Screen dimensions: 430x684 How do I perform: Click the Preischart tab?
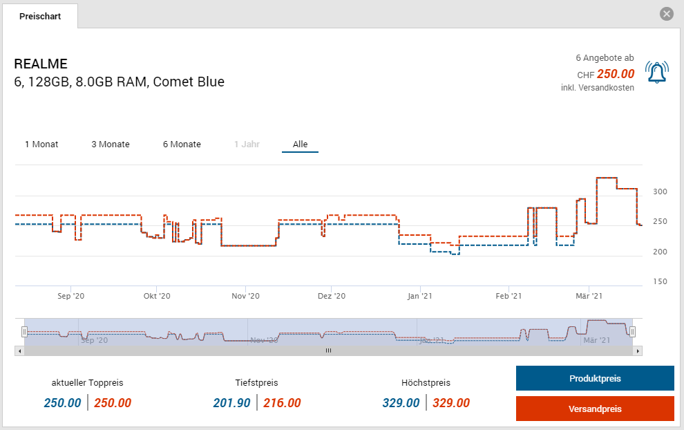click(x=40, y=16)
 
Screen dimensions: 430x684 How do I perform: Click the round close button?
click(x=666, y=14)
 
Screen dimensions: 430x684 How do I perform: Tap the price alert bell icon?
click(x=656, y=73)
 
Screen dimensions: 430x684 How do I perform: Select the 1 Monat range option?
click(x=41, y=144)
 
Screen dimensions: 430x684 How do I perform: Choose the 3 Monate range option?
click(x=111, y=144)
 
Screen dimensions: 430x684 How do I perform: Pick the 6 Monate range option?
click(x=182, y=144)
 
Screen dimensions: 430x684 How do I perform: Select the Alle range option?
click(x=300, y=144)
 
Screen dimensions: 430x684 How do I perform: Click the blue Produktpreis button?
click(x=595, y=379)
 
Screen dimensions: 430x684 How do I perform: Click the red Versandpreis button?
click(x=595, y=409)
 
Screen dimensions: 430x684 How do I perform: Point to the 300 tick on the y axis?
click(x=660, y=191)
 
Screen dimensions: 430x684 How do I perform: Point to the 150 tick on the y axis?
click(x=660, y=281)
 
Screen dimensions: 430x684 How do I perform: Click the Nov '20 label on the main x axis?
click(x=245, y=296)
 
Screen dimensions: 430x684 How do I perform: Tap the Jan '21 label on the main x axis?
click(x=420, y=296)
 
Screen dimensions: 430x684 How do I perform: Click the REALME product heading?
click(x=41, y=64)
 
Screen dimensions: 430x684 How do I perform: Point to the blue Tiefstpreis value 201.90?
click(x=232, y=403)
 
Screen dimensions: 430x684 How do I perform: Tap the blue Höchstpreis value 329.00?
click(x=401, y=403)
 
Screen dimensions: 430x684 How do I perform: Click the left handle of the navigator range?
click(x=24, y=332)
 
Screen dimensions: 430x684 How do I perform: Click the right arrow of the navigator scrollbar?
click(x=638, y=350)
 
